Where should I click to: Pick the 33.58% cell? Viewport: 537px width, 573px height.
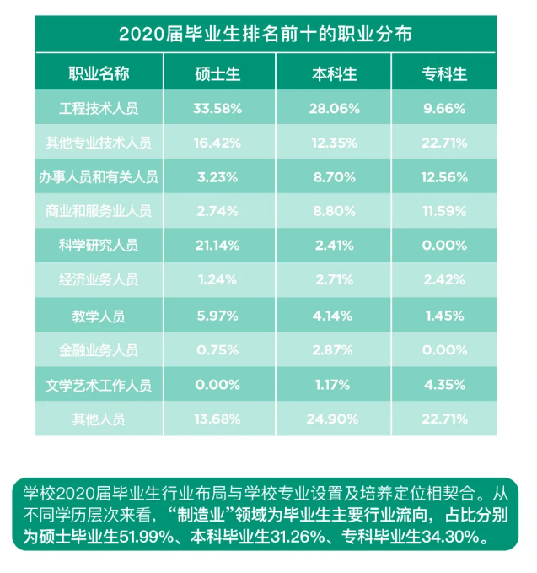point(217,109)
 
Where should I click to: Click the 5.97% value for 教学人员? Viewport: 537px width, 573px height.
point(217,316)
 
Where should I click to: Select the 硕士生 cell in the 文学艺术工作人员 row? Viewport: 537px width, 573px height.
point(217,385)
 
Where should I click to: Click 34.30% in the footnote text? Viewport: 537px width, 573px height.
point(453,537)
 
